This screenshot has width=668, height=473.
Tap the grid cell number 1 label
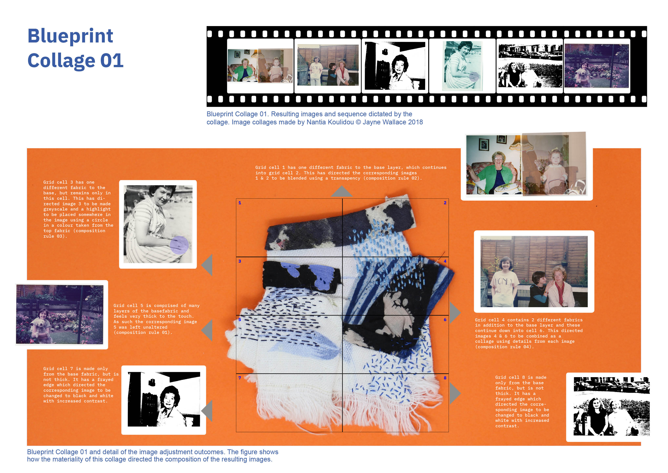240,203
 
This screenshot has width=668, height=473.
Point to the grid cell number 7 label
240,378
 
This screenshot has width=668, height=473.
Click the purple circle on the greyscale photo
179,245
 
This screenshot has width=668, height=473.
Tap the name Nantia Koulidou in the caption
330,122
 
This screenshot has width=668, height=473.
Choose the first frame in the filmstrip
260,66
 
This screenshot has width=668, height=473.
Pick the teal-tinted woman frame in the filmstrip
462,66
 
